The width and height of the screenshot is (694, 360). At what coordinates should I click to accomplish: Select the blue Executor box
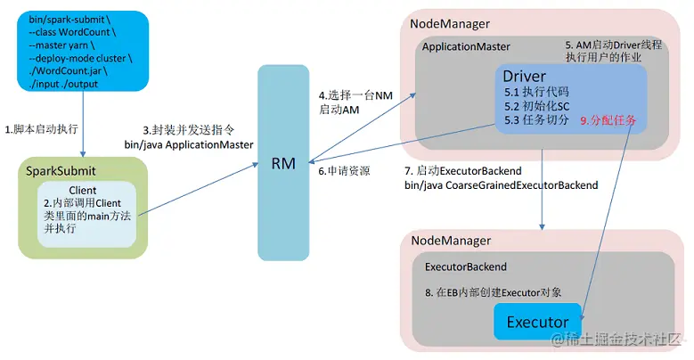537,321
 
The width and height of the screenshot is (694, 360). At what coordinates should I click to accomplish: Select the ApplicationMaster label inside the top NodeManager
467,45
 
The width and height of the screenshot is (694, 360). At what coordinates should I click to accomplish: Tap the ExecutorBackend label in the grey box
465,266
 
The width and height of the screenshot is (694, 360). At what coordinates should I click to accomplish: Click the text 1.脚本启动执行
41,130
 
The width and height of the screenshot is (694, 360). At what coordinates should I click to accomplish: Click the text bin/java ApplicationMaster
189,143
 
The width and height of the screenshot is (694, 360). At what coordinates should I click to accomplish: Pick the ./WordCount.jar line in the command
64,71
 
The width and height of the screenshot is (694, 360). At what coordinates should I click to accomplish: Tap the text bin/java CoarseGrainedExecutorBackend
501,184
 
